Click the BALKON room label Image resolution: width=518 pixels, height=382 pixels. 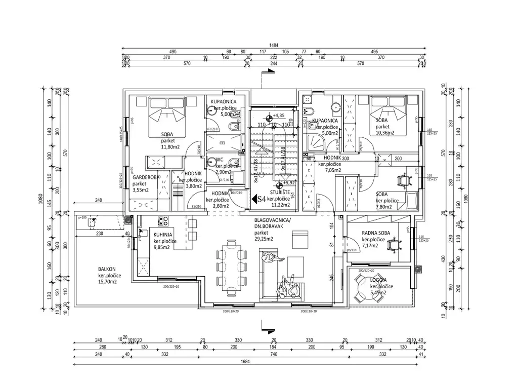coord(107,269)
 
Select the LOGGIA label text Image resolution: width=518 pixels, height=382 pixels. coord(378,280)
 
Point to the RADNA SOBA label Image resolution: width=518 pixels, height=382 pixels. coord(376,233)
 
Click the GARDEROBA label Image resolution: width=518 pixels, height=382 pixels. coord(147,178)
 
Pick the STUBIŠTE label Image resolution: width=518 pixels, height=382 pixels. coord(279,193)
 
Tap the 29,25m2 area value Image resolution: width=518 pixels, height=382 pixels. coord(264,239)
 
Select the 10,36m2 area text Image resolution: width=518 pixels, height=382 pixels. coord(385,133)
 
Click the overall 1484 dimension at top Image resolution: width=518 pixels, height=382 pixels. coord(274,46)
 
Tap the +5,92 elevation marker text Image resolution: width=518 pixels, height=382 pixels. coord(289,183)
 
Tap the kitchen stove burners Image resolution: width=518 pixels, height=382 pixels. coord(163,221)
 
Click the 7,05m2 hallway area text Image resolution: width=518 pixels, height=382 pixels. coord(333,171)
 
